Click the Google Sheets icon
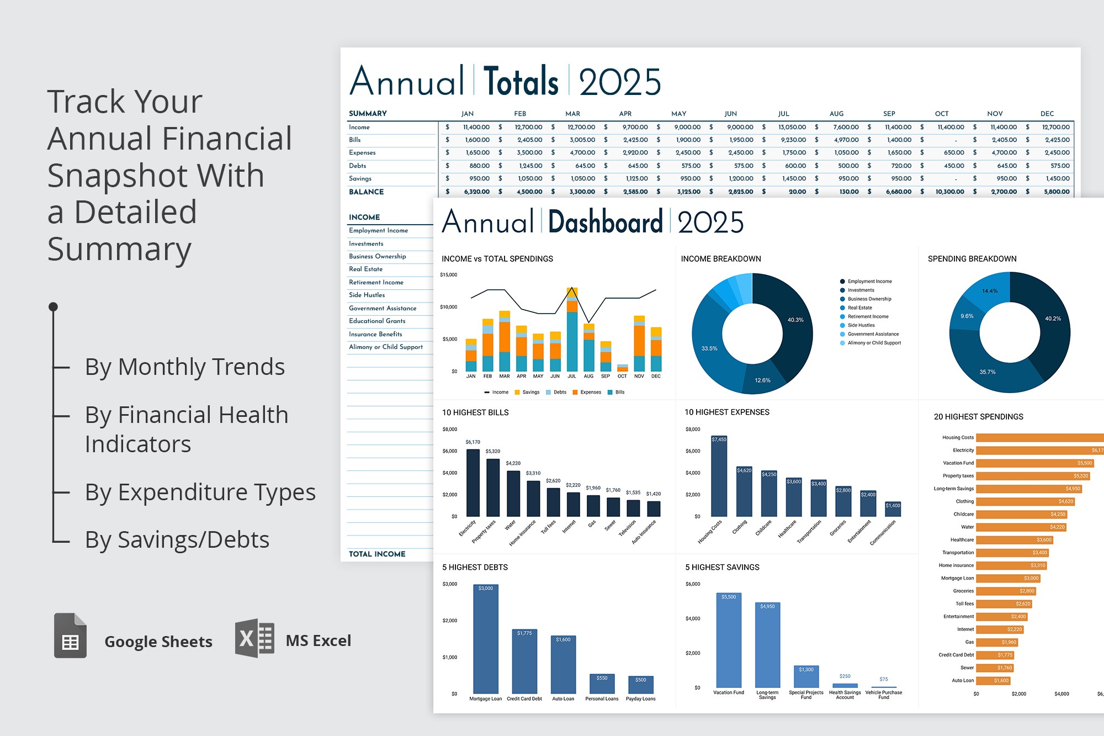(x=70, y=636)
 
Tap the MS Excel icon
(x=254, y=638)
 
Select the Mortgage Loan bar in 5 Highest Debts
(x=486, y=639)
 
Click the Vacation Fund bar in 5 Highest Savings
(x=729, y=640)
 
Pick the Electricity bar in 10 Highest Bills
(x=473, y=483)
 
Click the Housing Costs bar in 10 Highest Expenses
(x=719, y=476)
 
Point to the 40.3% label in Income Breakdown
(x=795, y=320)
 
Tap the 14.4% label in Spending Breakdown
(x=990, y=291)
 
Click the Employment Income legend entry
(x=869, y=282)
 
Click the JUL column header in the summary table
(x=783, y=114)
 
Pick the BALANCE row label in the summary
(x=366, y=192)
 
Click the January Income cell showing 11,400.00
(x=476, y=127)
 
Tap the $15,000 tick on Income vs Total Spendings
(x=448, y=274)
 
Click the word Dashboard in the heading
(x=605, y=222)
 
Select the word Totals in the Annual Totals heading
(x=521, y=82)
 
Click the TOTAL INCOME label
(x=377, y=554)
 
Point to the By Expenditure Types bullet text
(x=200, y=492)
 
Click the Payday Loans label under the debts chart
(x=640, y=698)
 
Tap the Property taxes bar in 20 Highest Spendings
(x=1032, y=476)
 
